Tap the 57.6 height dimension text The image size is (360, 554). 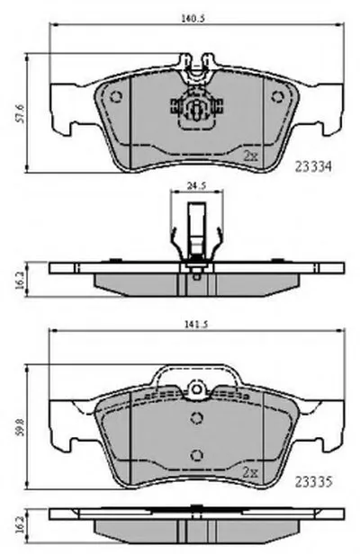20,113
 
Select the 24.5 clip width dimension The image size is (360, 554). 196,185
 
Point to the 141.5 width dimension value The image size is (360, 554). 195,325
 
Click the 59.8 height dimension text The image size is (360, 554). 20,426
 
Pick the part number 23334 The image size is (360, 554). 313,166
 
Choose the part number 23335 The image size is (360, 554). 313,481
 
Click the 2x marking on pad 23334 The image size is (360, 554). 251,156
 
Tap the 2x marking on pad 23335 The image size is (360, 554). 251,472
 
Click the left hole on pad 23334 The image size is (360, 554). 115,97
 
